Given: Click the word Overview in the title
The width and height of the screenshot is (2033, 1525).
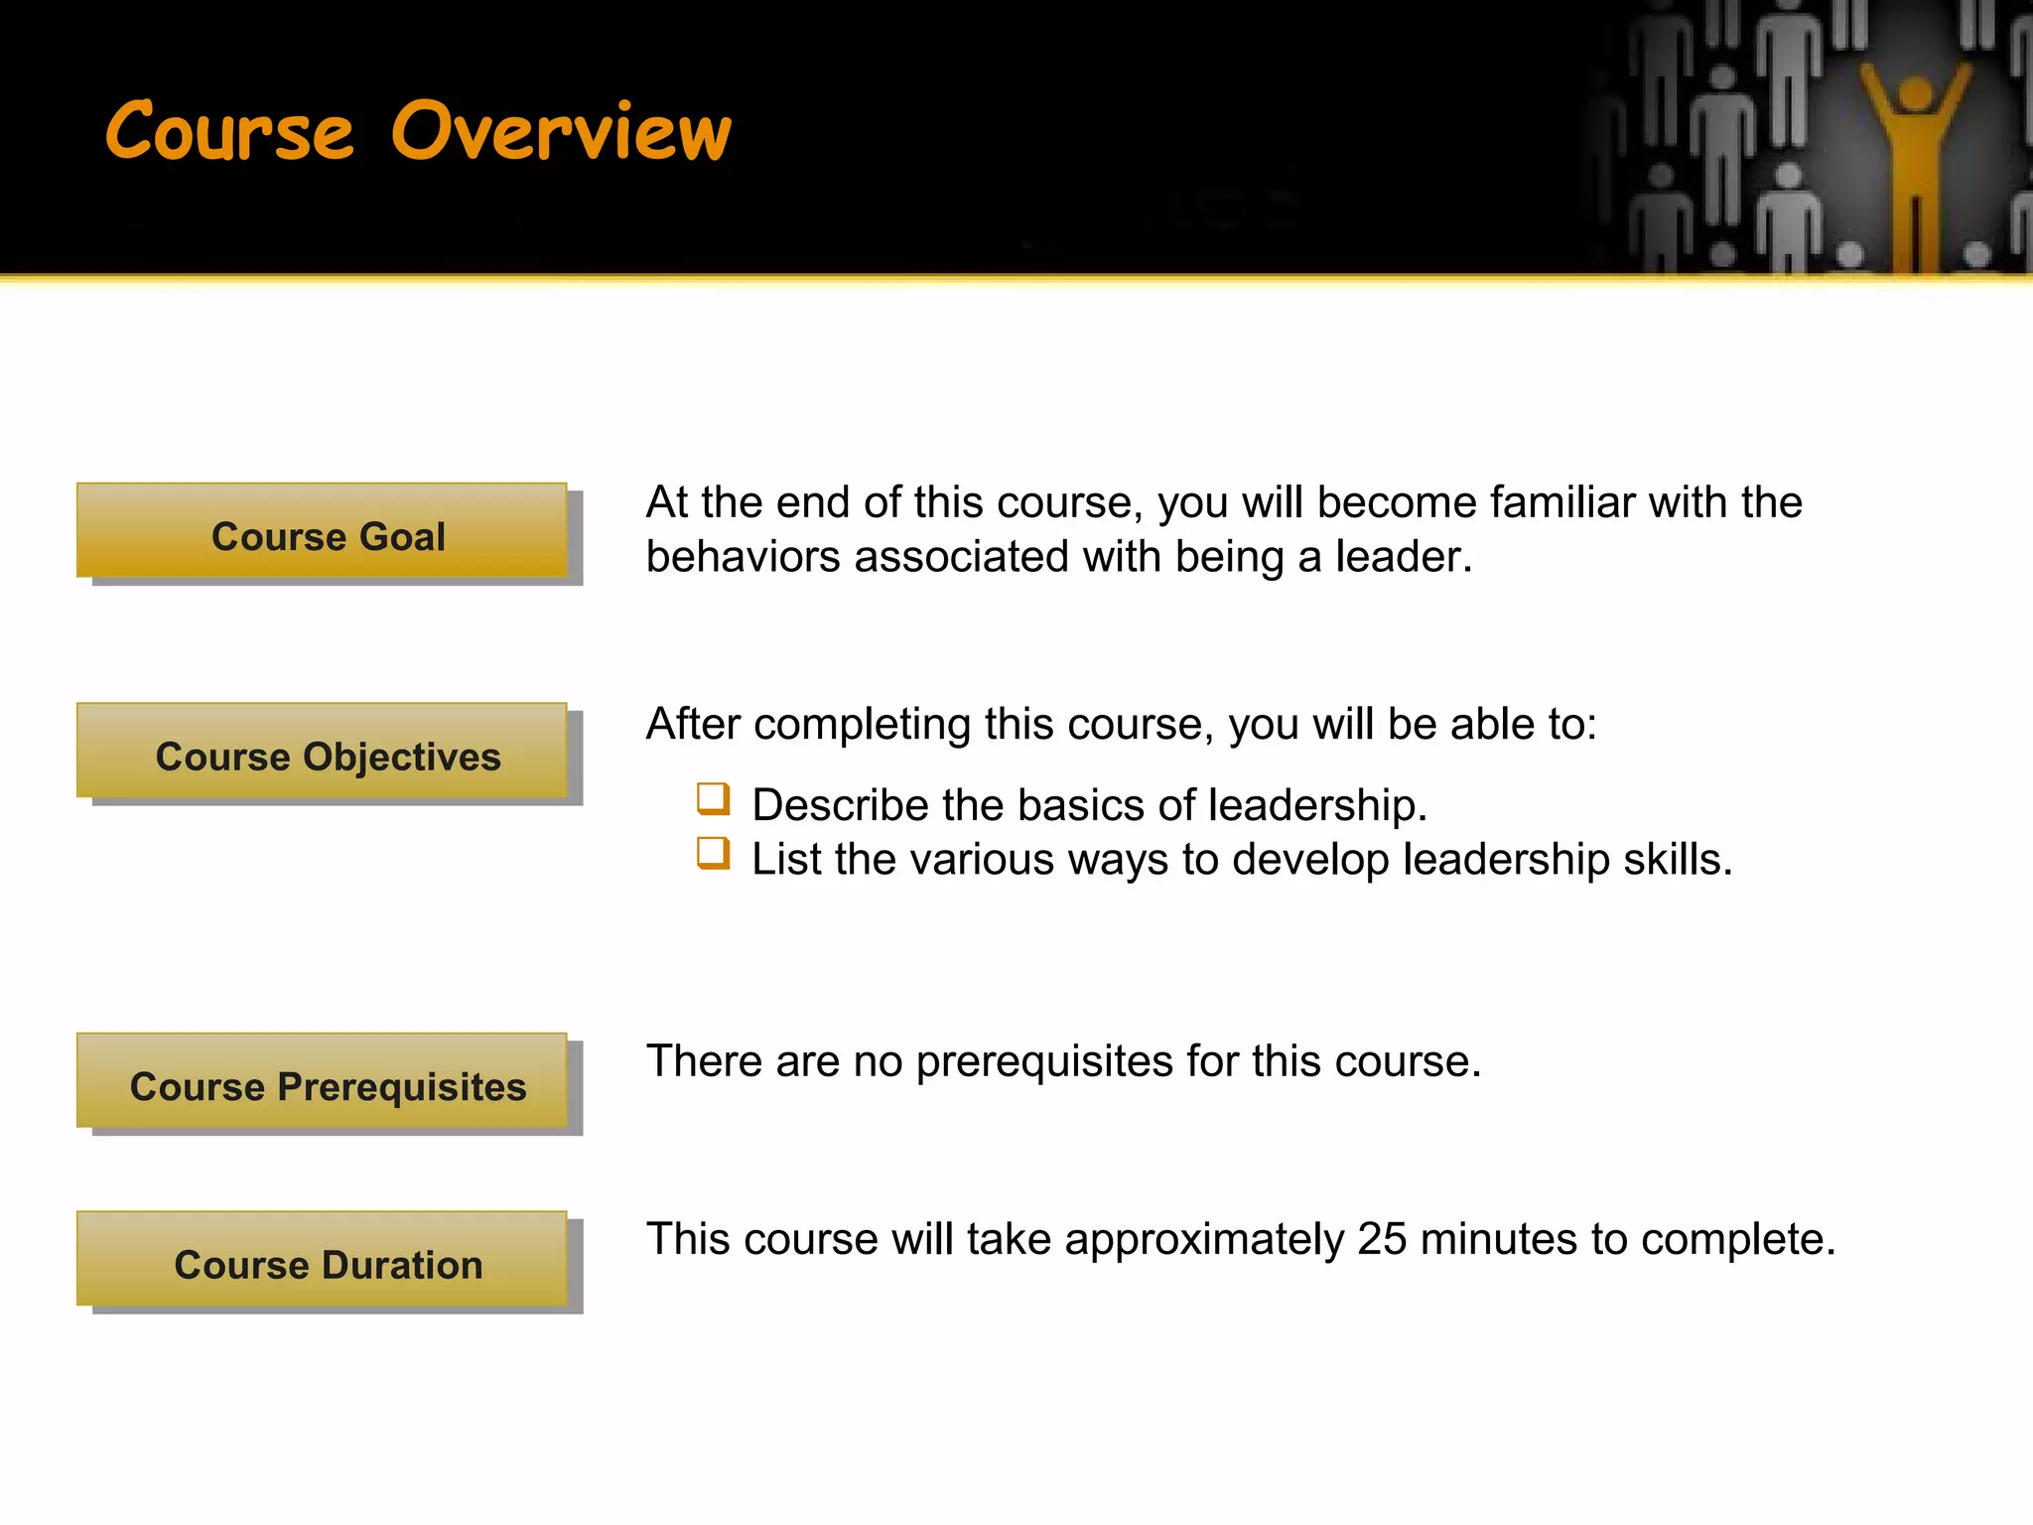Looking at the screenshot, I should (x=562, y=132).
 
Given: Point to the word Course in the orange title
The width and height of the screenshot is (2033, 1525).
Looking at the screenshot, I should (x=229, y=132).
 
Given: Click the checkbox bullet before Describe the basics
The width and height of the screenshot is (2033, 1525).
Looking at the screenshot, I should (x=713, y=798).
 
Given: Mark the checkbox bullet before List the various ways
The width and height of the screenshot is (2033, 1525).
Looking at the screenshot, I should (x=713, y=853).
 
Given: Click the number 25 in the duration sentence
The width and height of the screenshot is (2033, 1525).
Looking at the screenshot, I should (x=1382, y=1239).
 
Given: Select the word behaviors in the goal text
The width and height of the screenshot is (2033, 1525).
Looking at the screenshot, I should (x=744, y=557).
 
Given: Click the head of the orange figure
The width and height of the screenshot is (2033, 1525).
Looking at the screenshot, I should (x=1915, y=97).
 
